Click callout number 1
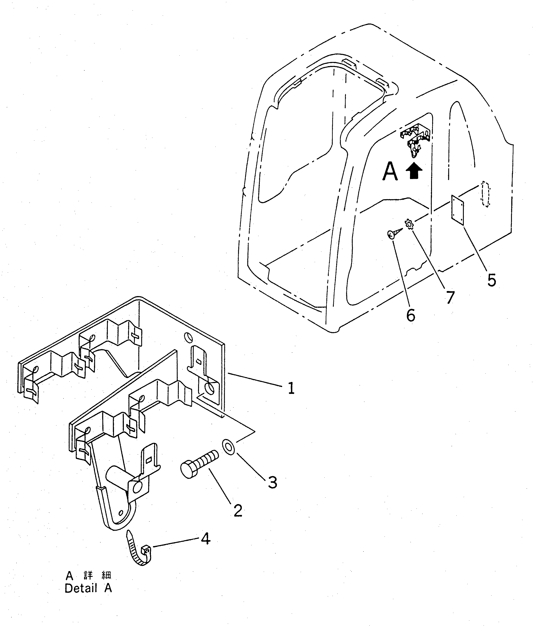tap(291, 388)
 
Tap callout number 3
tap(272, 483)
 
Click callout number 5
tap(492, 280)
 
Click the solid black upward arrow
tap(414, 171)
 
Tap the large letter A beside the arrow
tap(390, 172)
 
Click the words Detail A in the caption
tap(88, 588)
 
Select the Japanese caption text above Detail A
tap(89, 575)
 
